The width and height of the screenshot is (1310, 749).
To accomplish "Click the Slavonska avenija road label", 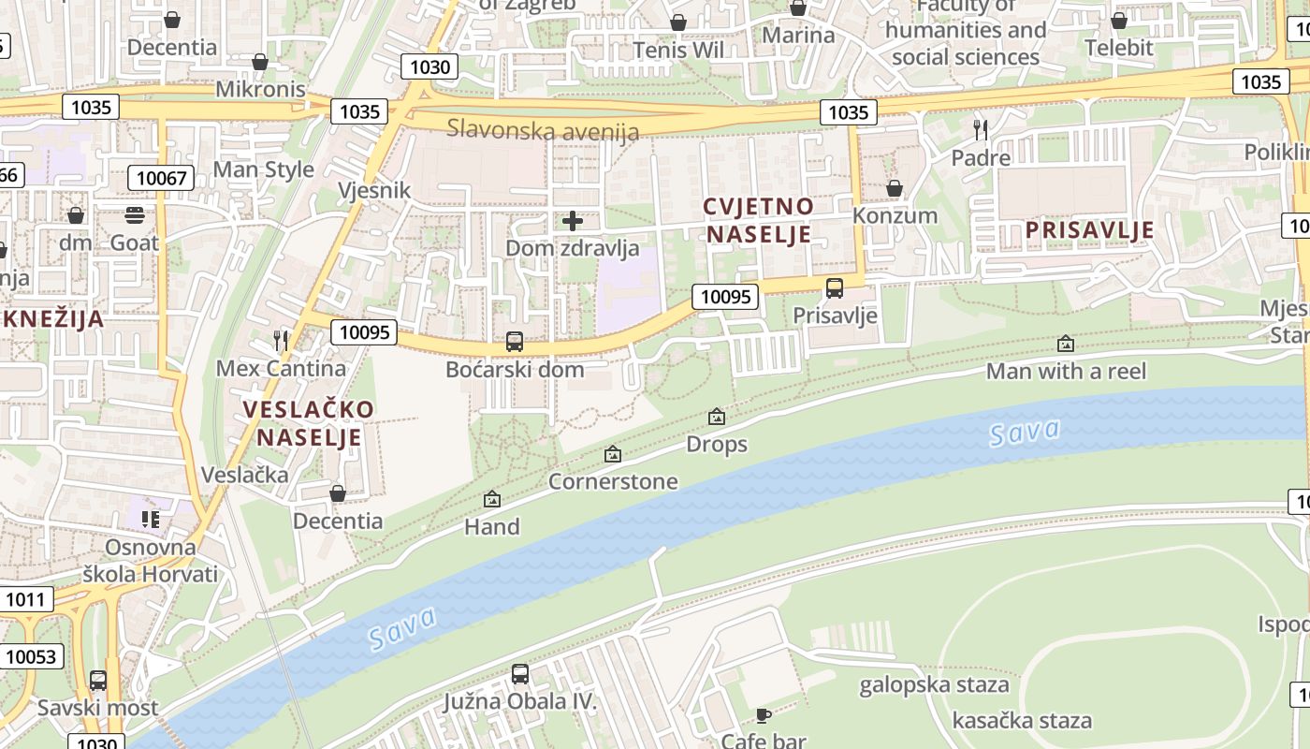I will pos(542,129).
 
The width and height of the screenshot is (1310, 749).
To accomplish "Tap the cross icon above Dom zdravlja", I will pos(572,221).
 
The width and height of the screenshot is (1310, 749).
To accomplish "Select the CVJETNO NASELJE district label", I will pos(759,220).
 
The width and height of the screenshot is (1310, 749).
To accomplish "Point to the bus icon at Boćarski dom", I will pos(514,342).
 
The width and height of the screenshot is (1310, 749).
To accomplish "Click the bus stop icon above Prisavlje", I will pos(834,288).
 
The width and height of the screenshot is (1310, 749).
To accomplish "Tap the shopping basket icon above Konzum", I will pos(894,188).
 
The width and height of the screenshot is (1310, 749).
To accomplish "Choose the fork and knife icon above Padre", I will pos(980,129).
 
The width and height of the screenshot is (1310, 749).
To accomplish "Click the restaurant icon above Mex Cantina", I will pos(281,340).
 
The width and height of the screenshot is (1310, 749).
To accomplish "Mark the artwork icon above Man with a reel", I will pos(1065,344).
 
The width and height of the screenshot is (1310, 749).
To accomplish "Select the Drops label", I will pos(717,444).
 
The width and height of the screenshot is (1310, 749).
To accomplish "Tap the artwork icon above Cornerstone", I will pos(613,454).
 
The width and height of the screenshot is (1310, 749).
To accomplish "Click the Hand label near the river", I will pos(491,527).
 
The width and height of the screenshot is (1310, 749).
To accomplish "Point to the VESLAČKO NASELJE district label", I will pos(309,423).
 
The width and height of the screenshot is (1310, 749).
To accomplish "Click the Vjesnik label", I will pos(374,191).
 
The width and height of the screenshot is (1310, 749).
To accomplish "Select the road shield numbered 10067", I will pos(161,178).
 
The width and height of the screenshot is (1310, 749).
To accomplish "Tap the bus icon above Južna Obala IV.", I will pos(520,673).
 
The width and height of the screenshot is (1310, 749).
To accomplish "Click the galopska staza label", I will pos(934,684).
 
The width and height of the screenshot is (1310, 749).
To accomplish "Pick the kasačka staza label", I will pos(1022,720).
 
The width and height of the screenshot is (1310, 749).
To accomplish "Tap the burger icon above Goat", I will pos(135,215).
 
